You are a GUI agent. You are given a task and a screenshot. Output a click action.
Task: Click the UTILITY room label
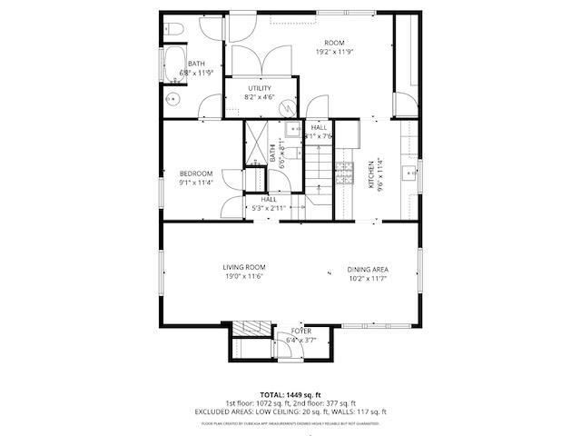(261, 88)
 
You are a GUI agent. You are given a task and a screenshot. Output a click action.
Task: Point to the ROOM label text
(334, 43)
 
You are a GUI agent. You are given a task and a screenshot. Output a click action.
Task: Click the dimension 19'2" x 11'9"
(334, 52)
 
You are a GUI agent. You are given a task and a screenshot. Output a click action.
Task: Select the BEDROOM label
(195, 173)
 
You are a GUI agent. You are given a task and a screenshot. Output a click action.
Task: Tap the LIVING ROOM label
(243, 267)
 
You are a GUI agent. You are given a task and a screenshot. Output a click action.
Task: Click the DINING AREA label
(368, 269)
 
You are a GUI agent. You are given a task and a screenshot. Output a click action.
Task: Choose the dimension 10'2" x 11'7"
(368, 278)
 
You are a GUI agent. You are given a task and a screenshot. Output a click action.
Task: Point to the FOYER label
(300, 332)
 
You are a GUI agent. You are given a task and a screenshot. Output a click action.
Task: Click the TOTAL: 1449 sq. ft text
(290, 395)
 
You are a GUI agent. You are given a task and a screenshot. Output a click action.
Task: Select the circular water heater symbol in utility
(288, 108)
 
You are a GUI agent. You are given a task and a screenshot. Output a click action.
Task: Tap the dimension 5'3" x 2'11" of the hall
(269, 208)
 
